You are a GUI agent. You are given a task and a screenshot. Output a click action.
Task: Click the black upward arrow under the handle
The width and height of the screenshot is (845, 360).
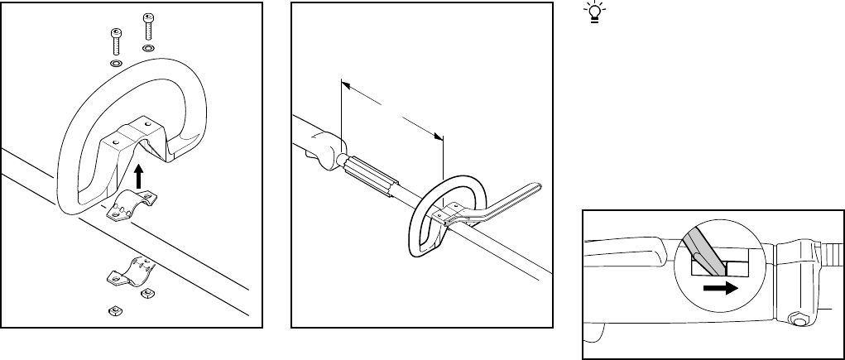(139, 176)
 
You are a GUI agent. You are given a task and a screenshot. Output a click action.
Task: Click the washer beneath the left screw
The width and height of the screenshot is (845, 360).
(115, 63)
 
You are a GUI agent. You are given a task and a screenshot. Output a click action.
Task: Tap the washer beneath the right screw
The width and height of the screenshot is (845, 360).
(148, 49)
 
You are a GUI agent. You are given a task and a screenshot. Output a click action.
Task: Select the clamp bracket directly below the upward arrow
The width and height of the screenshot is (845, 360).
(132, 204)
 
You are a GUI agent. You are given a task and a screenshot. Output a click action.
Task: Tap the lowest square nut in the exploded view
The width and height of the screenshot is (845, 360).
(116, 310)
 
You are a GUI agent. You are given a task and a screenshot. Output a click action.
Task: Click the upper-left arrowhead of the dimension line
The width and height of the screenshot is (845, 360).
(345, 83)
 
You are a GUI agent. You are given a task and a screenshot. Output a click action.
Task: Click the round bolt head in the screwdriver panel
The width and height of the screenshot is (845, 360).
(798, 318)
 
